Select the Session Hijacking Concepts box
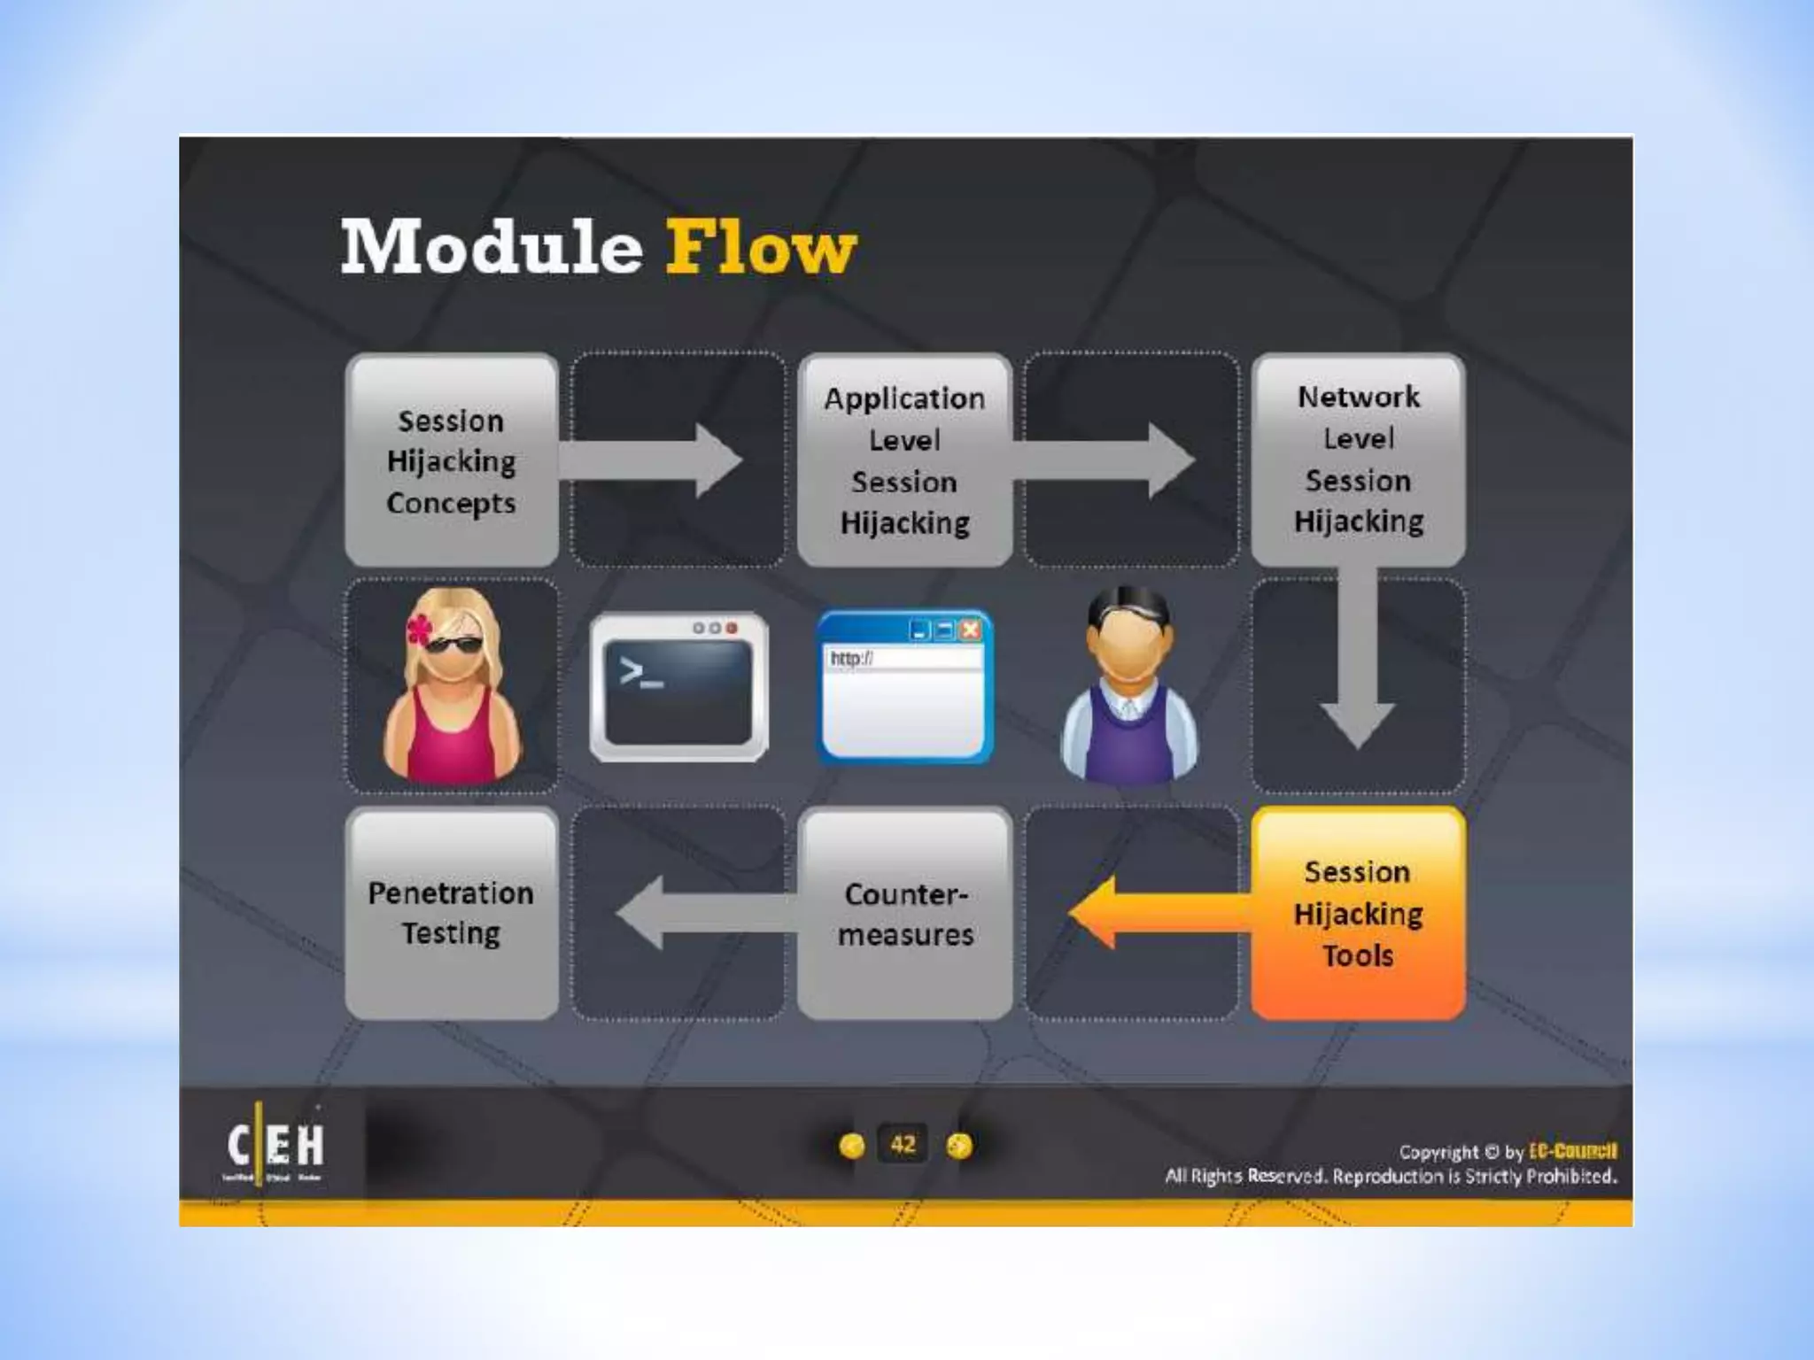pyautogui.click(x=452, y=460)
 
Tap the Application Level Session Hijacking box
pyautogui.click(x=904, y=460)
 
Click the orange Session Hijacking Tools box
pyautogui.click(x=1358, y=914)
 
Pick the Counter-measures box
pyautogui.click(x=904, y=914)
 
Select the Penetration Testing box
pyautogui.click(x=452, y=914)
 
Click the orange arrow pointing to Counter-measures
pyautogui.click(x=1151, y=913)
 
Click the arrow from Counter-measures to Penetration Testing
pyautogui.click(x=700, y=913)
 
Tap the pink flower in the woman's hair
pyautogui.click(x=419, y=629)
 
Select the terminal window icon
pyautogui.click(x=678, y=687)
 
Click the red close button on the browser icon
pyautogui.click(x=971, y=630)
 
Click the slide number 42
pyautogui.click(x=903, y=1145)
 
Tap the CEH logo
pyautogui.click(x=275, y=1146)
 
